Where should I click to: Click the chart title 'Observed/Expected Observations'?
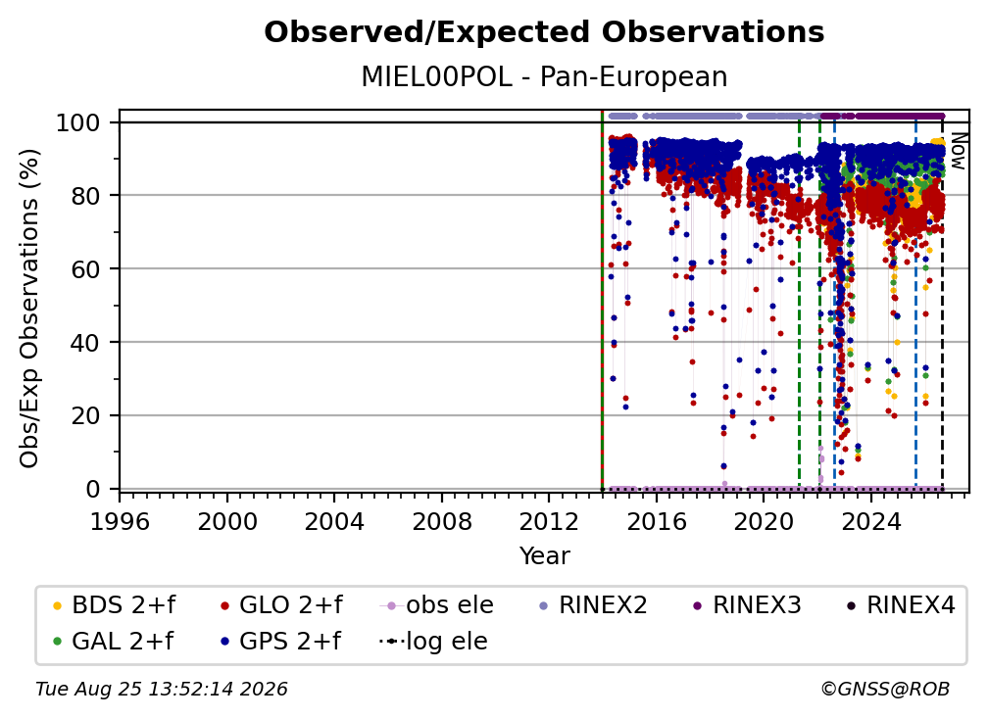[x=544, y=32]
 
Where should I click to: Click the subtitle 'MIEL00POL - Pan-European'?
[x=544, y=76]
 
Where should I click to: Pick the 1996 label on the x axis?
[x=120, y=522]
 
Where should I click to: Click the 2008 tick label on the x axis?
[x=442, y=522]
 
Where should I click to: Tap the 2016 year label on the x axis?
[x=656, y=522]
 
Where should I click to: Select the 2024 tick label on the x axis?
[x=870, y=522]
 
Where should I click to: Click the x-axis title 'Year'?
[x=544, y=556]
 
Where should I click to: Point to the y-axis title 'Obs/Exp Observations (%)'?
[x=29, y=309]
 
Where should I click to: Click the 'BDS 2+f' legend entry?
[x=114, y=605]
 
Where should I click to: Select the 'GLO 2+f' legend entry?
[x=281, y=605]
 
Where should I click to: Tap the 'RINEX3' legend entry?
[x=746, y=605]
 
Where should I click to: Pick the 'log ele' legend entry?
[x=433, y=642]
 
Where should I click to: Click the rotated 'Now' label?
[x=958, y=151]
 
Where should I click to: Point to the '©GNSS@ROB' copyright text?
[x=885, y=690]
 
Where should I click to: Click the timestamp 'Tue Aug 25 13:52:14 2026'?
[x=162, y=690]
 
